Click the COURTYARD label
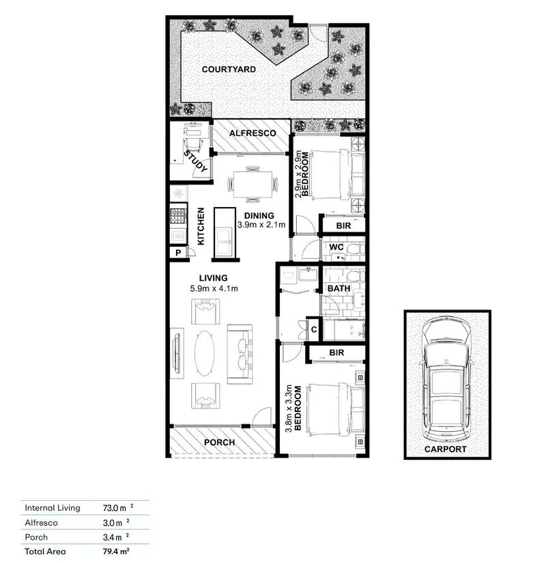click(229, 70)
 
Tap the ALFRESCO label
click(252, 133)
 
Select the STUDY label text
click(197, 164)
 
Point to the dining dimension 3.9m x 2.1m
click(261, 224)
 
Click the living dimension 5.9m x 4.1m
click(214, 288)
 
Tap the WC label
click(336, 247)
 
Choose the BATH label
click(339, 288)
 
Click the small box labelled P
click(178, 253)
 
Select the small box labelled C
click(313, 329)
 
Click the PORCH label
click(220, 442)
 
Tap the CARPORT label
click(444, 449)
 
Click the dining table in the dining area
click(253, 182)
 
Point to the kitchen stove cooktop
click(179, 217)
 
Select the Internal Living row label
click(53, 508)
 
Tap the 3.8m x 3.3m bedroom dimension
click(289, 410)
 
